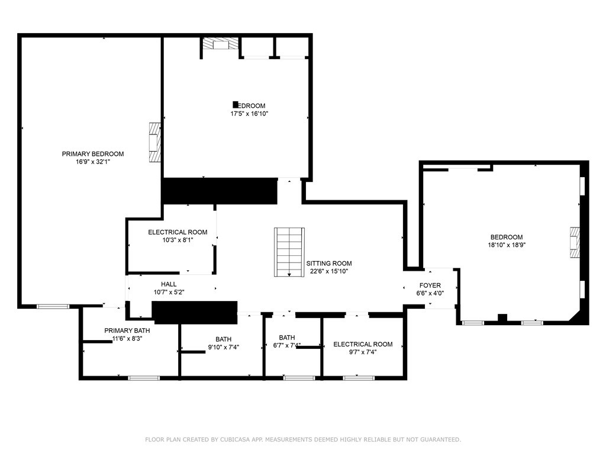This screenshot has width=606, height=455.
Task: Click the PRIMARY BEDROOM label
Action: click(93, 154)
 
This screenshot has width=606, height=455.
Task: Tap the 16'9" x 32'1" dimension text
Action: click(93, 162)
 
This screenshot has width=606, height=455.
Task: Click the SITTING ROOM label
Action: click(328, 264)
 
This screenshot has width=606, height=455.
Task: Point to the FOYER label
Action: click(430, 286)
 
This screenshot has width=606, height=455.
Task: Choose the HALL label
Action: click(169, 284)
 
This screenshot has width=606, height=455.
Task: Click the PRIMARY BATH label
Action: click(127, 331)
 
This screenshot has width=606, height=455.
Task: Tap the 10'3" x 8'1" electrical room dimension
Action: click(178, 240)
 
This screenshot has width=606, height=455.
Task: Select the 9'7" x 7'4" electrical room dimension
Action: click(363, 352)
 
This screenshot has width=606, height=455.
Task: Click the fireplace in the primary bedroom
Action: click(154, 142)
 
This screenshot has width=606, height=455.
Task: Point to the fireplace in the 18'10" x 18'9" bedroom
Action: click(574, 243)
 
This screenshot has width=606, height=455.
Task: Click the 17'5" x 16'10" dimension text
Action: click(253, 114)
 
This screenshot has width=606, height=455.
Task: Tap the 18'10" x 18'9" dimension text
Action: click(506, 245)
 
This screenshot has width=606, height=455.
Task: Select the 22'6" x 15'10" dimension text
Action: click(328, 271)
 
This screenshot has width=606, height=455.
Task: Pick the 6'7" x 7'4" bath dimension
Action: click(287, 345)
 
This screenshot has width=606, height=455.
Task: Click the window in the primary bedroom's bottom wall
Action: click(53, 306)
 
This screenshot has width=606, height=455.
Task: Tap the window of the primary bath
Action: click(144, 377)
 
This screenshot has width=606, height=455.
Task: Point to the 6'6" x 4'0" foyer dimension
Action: click(430, 293)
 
